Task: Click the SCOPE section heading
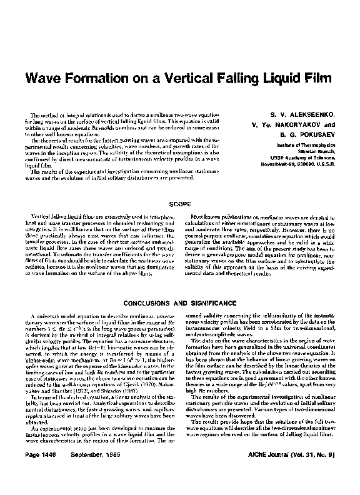click(x=179, y=203)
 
